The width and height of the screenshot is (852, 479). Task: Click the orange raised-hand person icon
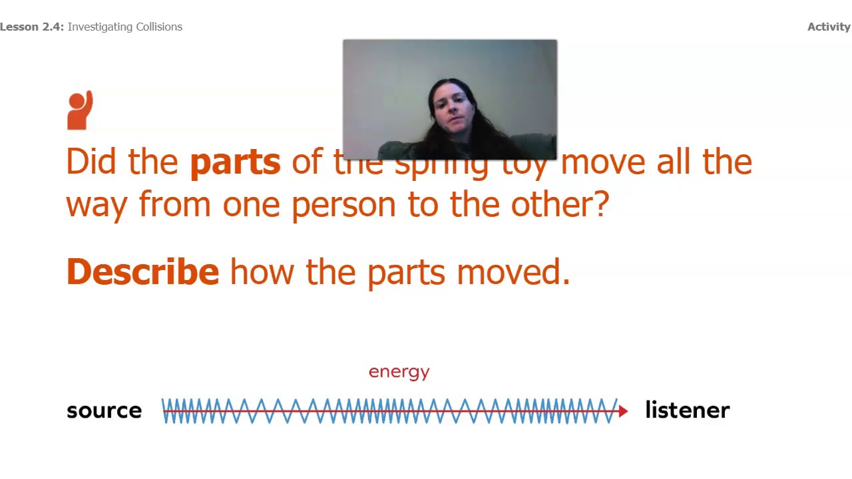[80, 110]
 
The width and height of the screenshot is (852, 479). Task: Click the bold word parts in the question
[235, 162]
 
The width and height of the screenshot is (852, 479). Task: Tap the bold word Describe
[142, 272]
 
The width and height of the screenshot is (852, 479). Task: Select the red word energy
[399, 372]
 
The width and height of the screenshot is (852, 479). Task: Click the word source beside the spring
[104, 410]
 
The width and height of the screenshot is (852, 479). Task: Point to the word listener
[687, 410]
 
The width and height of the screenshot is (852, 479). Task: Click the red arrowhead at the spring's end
[623, 412]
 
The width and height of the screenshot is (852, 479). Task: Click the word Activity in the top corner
[829, 27]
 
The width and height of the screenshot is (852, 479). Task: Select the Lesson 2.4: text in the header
[32, 27]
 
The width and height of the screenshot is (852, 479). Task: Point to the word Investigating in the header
[99, 27]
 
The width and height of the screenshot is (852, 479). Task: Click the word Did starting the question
[91, 162]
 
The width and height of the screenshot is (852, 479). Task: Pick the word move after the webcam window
[603, 162]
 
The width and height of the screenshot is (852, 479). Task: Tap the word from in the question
[174, 204]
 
